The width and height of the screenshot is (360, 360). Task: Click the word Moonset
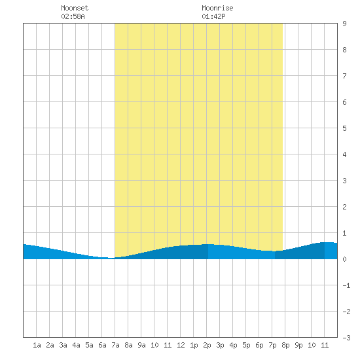75,8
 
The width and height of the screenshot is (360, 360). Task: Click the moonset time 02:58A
73,16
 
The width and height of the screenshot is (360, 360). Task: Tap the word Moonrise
217,8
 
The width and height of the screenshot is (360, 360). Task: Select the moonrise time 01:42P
213,16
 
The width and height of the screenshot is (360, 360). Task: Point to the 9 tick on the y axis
344,24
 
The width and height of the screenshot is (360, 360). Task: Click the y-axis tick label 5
344,128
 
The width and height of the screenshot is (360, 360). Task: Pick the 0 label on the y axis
344,259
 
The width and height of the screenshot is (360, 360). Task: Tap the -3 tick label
346,338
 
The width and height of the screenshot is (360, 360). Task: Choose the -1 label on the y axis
346,285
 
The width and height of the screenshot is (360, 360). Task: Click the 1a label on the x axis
37,345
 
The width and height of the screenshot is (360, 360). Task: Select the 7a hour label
115,345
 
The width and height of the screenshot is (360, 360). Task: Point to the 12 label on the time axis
181,345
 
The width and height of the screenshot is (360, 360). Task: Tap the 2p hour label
207,345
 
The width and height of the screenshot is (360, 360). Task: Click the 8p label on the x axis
285,345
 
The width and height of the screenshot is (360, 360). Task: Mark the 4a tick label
76,345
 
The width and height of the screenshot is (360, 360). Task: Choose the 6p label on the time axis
259,345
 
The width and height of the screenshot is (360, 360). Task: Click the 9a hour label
141,345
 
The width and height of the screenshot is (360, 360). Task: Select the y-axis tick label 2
344,207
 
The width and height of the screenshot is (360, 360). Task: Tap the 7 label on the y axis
344,76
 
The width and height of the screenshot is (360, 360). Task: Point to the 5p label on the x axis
246,345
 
